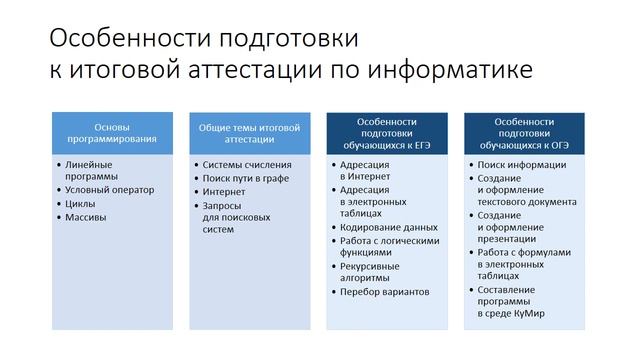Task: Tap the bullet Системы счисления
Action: coord(247,164)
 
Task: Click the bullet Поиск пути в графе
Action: coord(246,177)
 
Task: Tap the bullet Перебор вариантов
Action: coord(384,292)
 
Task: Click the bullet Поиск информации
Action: coord(523,164)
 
